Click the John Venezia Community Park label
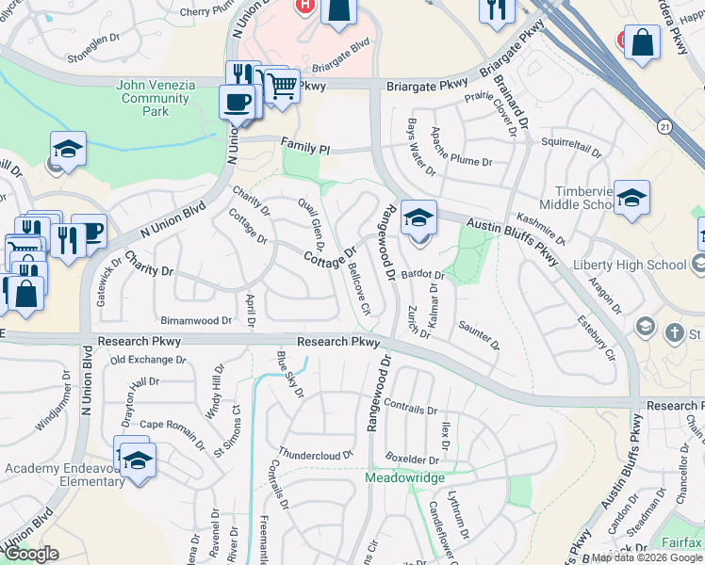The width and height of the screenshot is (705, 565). [x=156, y=98]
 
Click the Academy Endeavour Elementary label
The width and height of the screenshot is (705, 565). [x=64, y=476]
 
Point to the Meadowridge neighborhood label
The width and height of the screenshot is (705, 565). [x=404, y=478]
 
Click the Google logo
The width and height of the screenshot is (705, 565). [x=31, y=554]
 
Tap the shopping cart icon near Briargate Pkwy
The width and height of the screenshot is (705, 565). [x=282, y=88]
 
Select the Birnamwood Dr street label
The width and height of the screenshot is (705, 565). [x=196, y=321]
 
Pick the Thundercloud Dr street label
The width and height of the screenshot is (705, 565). [x=315, y=453]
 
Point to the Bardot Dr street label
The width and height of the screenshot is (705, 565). [x=422, y=274]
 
